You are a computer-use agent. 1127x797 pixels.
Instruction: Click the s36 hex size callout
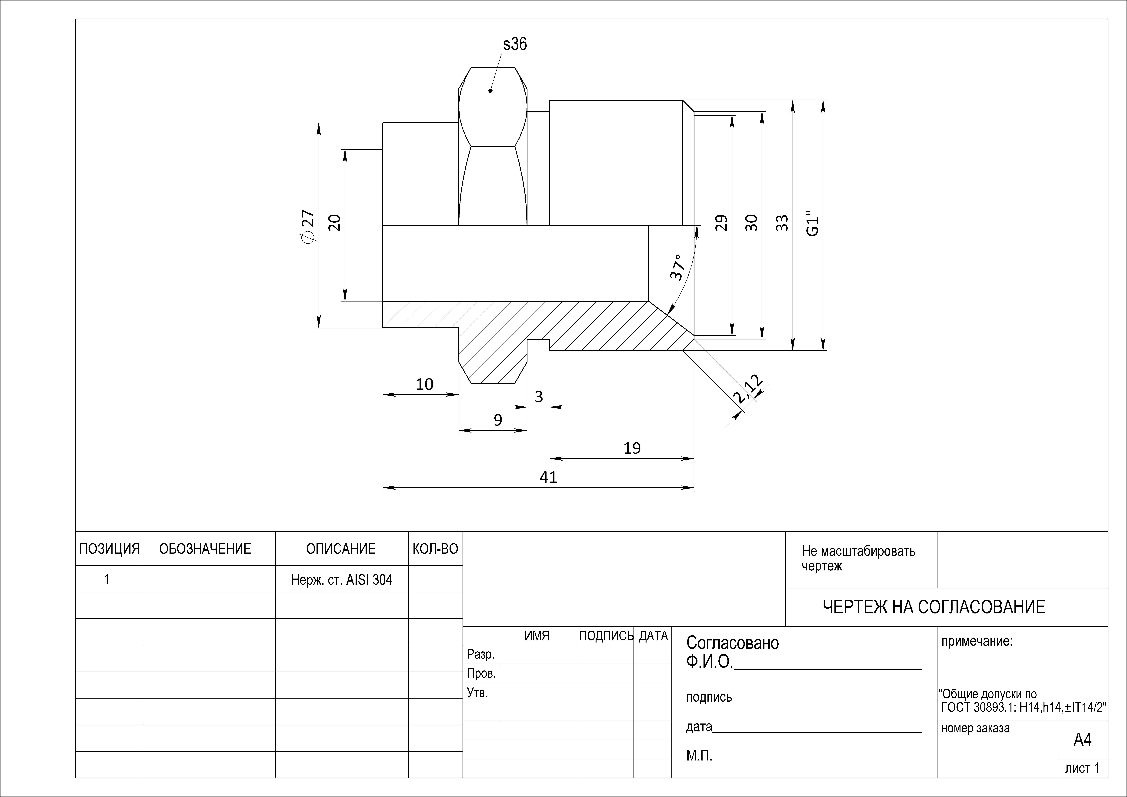pyautogui.click(x=515, y=45)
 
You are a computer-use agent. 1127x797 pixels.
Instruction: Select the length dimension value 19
pyautogui.click(x=632, y=448)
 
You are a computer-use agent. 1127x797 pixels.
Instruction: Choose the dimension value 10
pyautogui.click(x=425, y=384)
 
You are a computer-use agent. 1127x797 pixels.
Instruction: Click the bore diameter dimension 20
pyautogui.click(x=334, y=223)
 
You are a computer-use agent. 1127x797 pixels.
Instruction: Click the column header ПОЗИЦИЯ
pyautogui.click(x=110, y=549)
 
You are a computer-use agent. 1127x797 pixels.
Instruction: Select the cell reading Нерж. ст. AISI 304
pyautogui.click(x=342, y=580)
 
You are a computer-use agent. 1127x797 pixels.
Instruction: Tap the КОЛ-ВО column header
pyautogui.click(x=435, y=549)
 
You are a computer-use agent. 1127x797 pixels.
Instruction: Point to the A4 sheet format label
pyautogui.click(x=1082, y=740)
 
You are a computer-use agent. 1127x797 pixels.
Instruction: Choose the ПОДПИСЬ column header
pyautogui.click(x=606, y=636)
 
